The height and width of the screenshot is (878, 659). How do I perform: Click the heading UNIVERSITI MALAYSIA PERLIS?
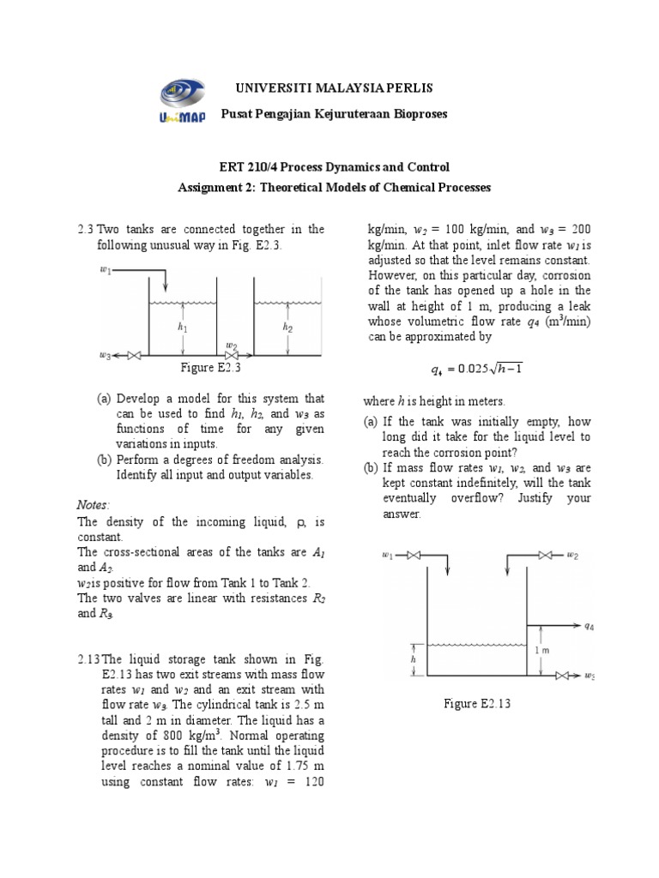coord(327,89)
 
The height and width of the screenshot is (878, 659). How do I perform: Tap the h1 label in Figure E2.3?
coord(182,327)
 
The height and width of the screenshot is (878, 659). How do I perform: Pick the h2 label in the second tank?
coord(287,327)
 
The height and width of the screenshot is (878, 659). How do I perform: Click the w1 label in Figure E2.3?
coord(106,272)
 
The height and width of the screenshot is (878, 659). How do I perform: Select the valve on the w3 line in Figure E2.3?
coord(133,355)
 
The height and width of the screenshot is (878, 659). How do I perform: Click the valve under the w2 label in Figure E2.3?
coord(232,355)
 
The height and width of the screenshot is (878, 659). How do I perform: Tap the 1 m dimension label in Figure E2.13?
coord(541,651)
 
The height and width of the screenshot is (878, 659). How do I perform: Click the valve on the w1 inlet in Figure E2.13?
coord(414,556)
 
